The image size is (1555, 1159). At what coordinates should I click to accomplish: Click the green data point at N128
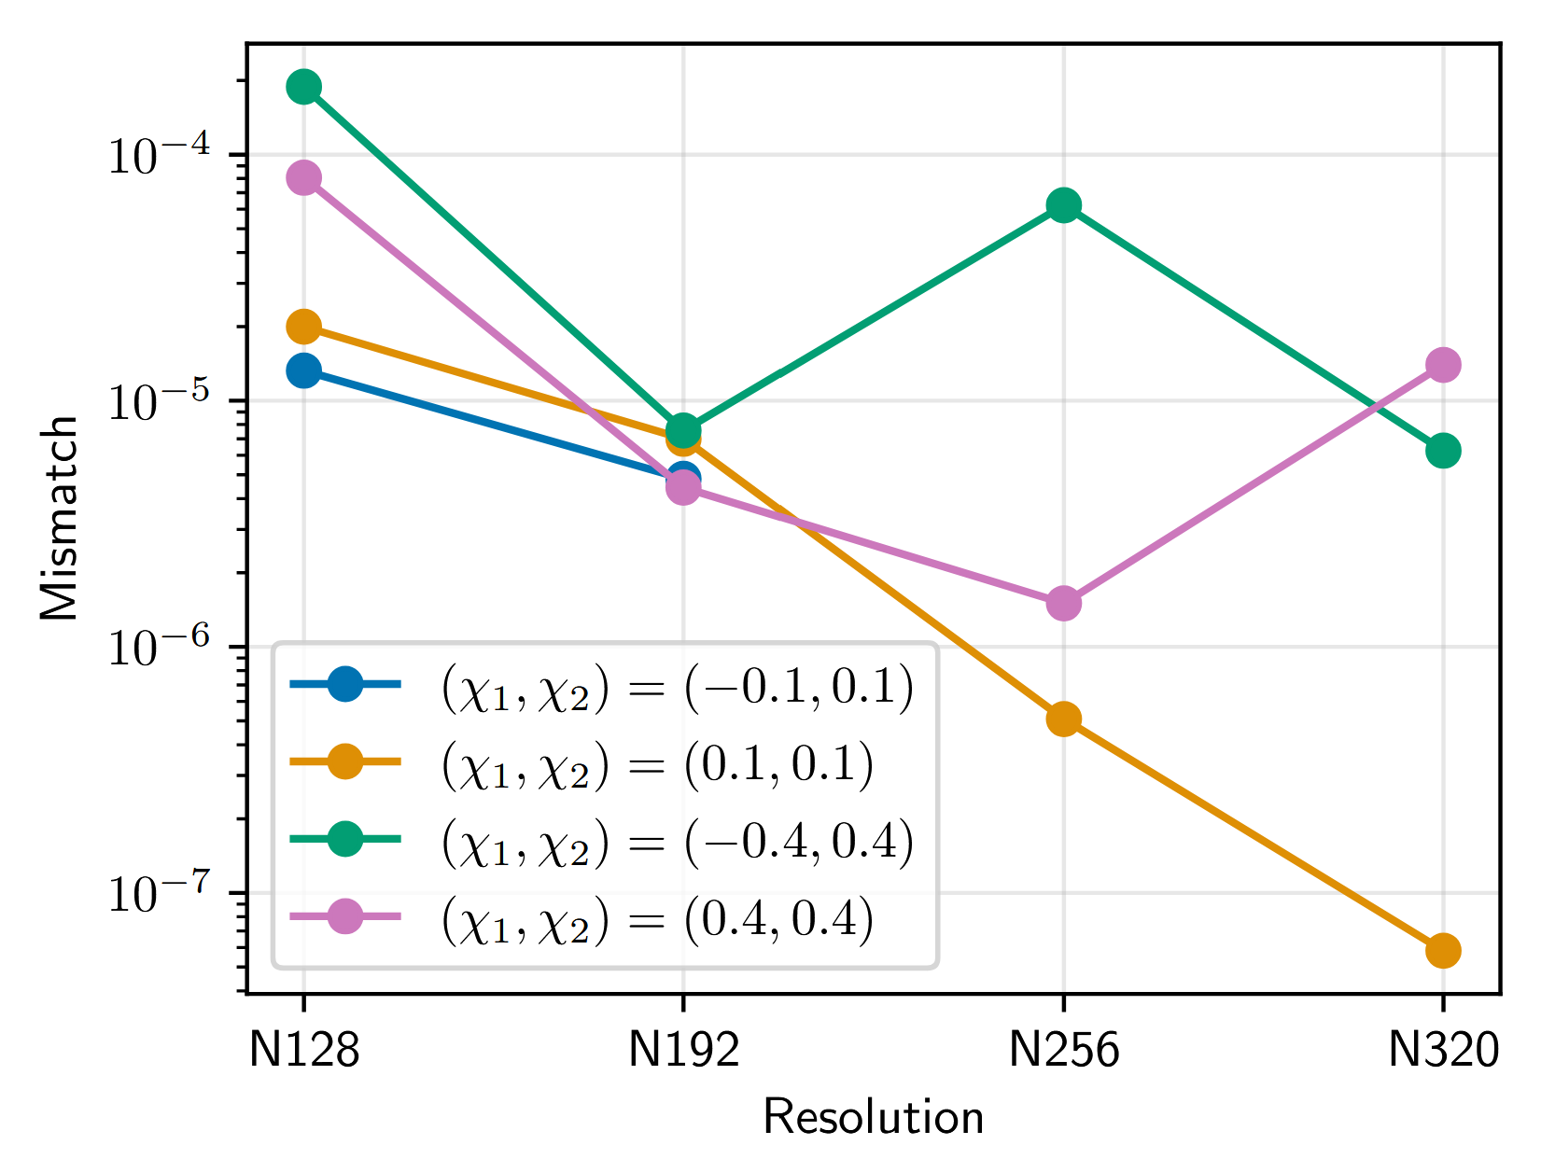click(x=303, y=87)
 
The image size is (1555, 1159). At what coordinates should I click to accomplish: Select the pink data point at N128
click(x=303, y=177)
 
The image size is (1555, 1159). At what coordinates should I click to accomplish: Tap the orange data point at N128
click(x=303, y=327)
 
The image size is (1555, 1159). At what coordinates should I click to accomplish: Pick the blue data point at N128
click(x=303, y=370)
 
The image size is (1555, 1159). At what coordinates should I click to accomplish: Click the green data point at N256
click(x=1063, y=205)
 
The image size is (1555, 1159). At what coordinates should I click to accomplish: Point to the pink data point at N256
click(x=1063, y=603)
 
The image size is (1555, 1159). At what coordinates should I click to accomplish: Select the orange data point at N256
click(x=1063, y=719)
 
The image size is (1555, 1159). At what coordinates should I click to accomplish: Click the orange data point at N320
click(x=1443, y=951)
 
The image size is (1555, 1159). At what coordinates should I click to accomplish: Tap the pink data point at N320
click(x=1443, y=365)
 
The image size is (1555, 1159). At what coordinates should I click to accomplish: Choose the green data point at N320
click(x=1443, y=451)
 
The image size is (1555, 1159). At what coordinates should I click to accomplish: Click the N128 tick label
click(x=303, y=1052)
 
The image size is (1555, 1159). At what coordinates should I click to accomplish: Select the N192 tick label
click(x=683, y=1052)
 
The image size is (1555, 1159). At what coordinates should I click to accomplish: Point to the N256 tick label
click(x=1063, y=1052)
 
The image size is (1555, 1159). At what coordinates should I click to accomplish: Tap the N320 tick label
click(x=1443, y=1052)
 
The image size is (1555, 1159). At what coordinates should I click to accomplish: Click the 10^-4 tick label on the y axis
click(x=168, y=155)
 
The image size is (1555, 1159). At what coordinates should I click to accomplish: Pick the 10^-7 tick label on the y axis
click(x=168, y=894)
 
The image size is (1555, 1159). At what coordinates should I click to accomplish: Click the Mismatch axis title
click(x=59, y=518)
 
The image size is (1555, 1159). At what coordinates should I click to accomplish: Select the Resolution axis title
click(x=873, y=1118)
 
